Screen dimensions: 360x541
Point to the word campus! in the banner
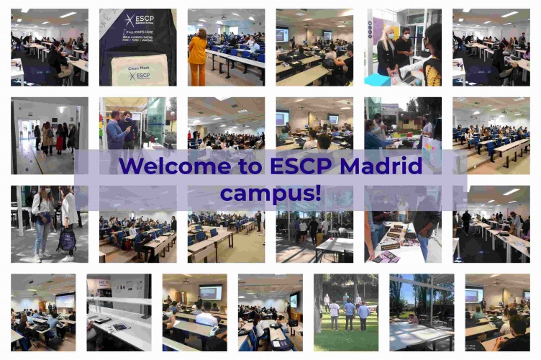270,193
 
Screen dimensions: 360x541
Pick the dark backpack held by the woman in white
67,240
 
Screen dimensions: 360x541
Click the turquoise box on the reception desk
377,79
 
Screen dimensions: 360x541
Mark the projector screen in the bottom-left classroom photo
65,300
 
